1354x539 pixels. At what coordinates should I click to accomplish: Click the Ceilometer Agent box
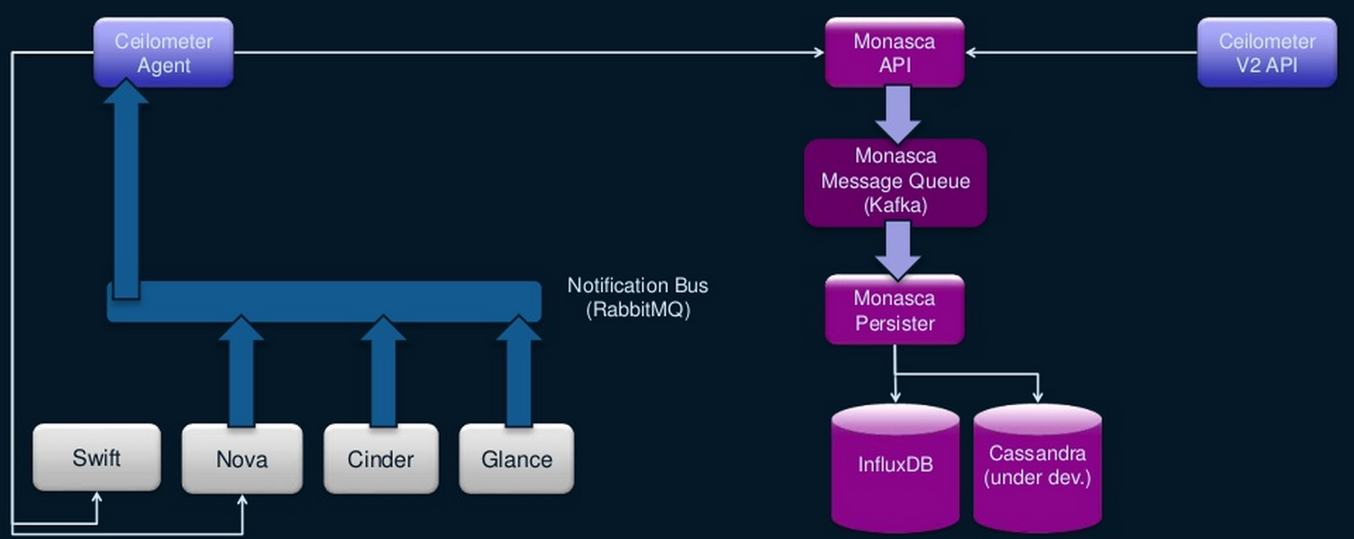(x=163, y=52)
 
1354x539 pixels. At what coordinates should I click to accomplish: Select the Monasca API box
(x=895, y=52)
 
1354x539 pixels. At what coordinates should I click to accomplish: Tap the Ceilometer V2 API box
(x=1266, y=52)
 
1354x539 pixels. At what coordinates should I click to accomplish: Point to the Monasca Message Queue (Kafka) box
(x=895, y=181)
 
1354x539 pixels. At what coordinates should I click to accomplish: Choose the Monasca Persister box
(x=895, y=310)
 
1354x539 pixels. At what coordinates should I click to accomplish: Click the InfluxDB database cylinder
(x=895, y=466)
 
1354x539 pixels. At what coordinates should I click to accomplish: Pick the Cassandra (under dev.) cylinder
(x=1037, y=466)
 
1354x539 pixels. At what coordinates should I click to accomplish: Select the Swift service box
(x=97, y=458)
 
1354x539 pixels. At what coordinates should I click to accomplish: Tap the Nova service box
(x=242, y=460)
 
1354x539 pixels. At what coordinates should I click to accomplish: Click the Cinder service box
(x=381, y=460)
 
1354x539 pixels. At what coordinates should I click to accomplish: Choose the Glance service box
(x=516, y=460)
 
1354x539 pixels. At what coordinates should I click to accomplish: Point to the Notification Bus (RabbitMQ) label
(x=637, y=298)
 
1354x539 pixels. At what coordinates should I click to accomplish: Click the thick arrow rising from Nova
(x=241, y=370)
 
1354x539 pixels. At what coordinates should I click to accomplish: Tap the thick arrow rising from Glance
(x=518, y=370)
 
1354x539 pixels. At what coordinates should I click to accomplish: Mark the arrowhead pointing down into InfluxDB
(x=895, y=396)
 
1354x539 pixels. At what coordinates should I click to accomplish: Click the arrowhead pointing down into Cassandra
(x=1037, y=396)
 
